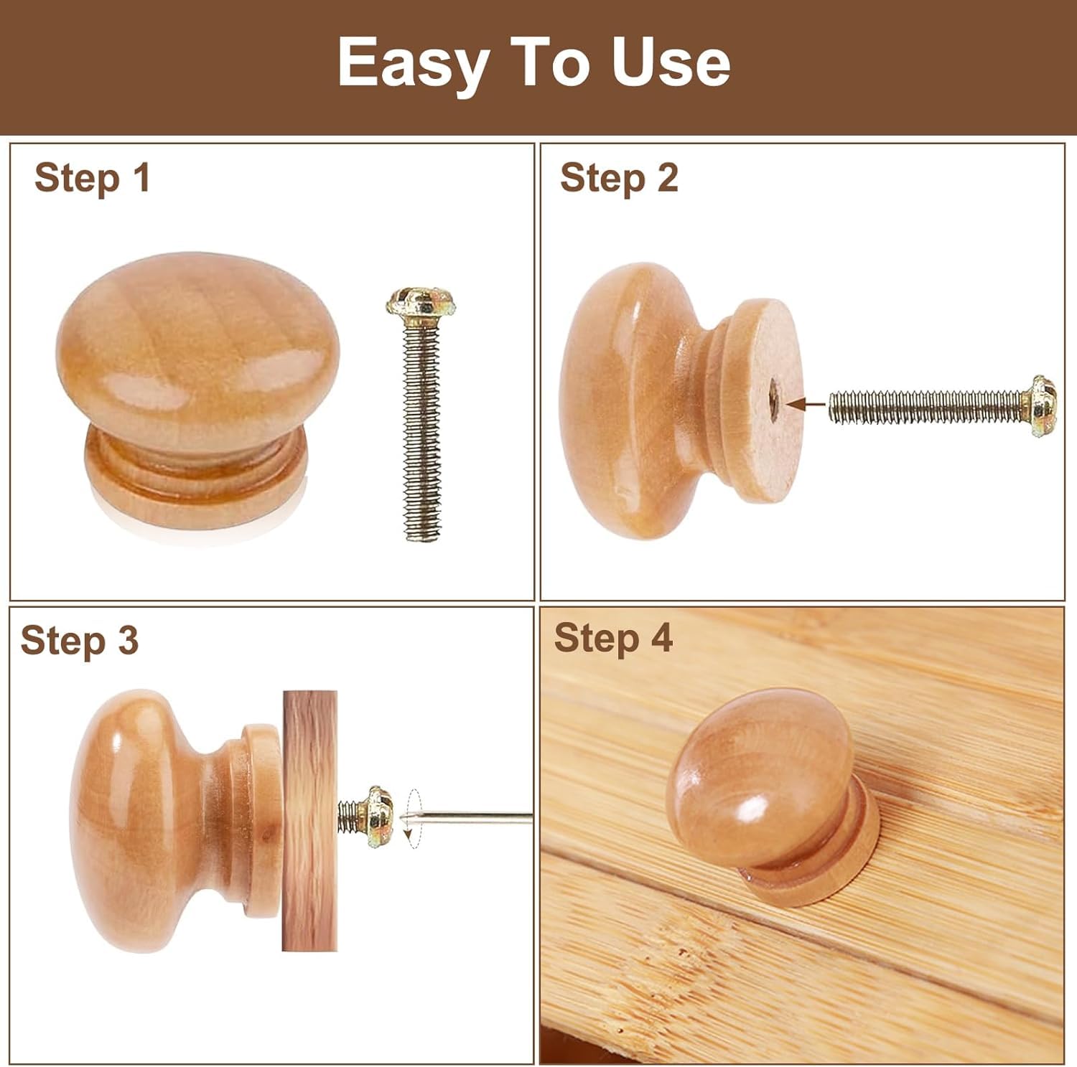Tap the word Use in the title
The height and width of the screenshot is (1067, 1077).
pyautogui.click(x=671, y=62)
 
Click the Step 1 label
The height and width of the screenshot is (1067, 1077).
pyautogui.click(x=93, y=178)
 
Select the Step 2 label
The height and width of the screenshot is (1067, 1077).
pyautogui.click(x=619, y=178)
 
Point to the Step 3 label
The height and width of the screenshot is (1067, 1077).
pyautogui.click(x=79, y=640)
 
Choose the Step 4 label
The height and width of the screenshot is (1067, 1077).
pyautogui.click(x=613, y=638)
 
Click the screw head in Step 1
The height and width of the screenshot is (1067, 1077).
pyautogui.click(x=421, y=303)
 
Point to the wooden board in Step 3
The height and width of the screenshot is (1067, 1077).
pyautogui.click(x=309, y=821)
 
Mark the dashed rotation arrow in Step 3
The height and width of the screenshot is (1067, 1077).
pyautogui.click(x=412, y=819)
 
